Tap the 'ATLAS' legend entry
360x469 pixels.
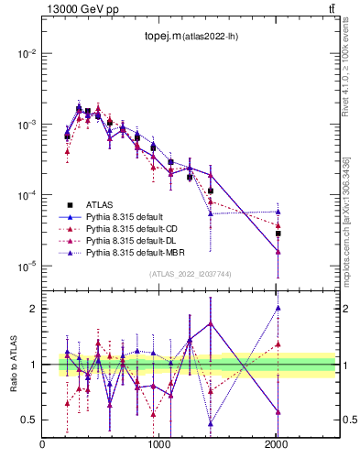coord(100,204)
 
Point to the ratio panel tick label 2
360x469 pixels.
coord(34,309)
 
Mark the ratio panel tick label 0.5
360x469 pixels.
coord(29,420)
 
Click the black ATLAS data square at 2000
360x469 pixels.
coord(278,234)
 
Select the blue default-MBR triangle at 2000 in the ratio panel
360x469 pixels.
coord(278,308)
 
